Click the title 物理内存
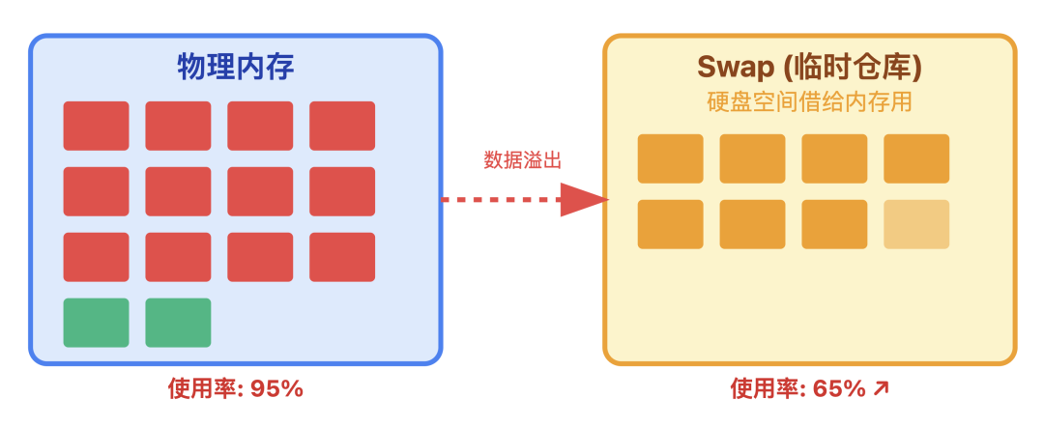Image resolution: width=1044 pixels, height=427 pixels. coord(236,66)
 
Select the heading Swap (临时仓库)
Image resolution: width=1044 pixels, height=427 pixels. coord(809,66)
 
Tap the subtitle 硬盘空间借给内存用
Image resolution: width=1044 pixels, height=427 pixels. coord(810,101)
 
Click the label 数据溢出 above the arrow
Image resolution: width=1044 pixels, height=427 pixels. coord(522,160)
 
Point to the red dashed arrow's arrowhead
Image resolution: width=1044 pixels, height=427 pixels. coord(584,200)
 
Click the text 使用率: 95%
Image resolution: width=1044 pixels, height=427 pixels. coord(236,389)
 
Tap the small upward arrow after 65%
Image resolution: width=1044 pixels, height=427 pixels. coord(880,389)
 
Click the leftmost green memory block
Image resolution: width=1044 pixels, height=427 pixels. coord(96,323)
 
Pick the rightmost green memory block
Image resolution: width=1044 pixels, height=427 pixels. coord(178,323)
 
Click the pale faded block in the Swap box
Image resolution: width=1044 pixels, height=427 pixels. coord(916,224)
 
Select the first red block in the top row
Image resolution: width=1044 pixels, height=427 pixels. coord(96,126)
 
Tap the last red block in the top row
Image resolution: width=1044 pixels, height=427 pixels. coord(342,126)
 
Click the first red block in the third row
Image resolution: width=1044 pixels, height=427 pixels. coord(96,257)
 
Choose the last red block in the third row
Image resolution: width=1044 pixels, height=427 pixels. coord(342,257)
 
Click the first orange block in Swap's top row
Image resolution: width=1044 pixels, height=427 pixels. coord(670,158)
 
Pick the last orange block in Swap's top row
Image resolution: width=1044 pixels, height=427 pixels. coord(916,158)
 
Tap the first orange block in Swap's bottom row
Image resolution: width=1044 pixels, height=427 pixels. coord(670,224)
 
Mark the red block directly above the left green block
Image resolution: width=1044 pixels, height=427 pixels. coord(96,257)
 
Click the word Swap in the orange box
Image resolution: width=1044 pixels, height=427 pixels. coord(735,66)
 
